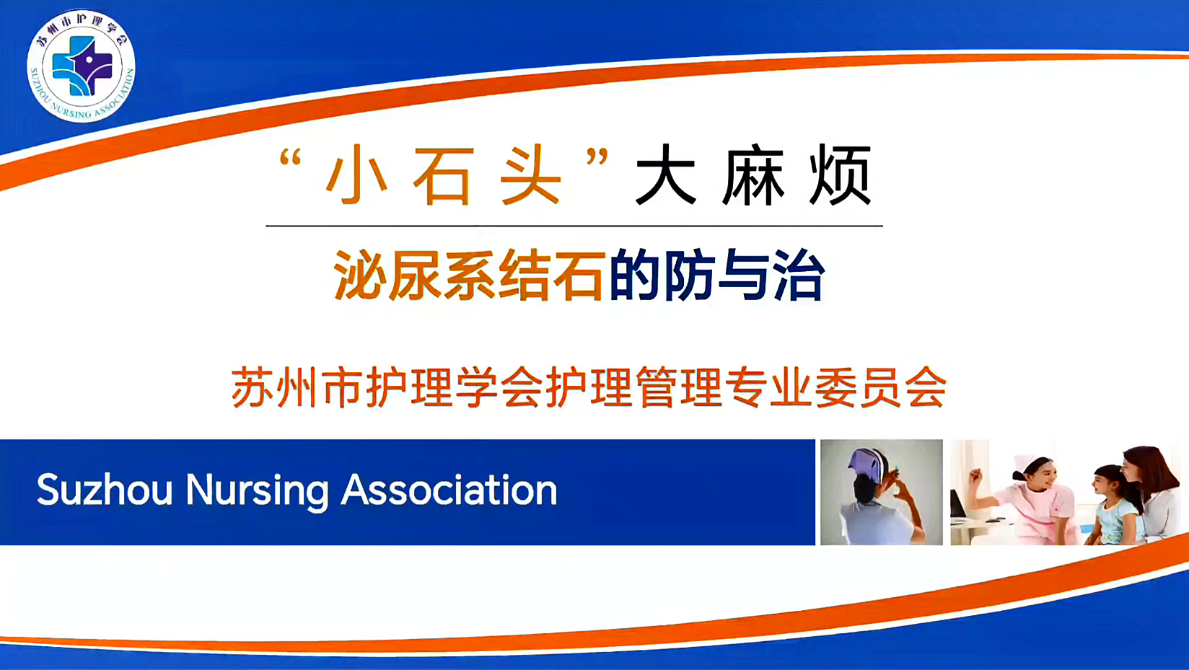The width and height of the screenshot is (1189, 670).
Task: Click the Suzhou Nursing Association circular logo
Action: pyautogui.click(x=82, y=66)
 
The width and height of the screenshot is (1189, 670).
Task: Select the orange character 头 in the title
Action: pyautogui.click(x=531, y=175)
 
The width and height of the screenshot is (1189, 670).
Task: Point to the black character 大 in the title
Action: pyautogui.click(x=666, y=175)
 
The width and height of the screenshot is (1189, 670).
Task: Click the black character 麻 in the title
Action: pyautogui.click(x=753, y=175)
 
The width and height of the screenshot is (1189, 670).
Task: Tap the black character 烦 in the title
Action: pyautogui.click(x=840, y=175)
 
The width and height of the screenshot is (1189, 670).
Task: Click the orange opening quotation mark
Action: pyautogui.click(x=290, y=157)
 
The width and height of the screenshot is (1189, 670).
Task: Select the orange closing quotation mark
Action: pyautogui.click(x=597, y=157)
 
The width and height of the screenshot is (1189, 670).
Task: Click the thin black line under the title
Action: pyautogui.click(x=574, y=226)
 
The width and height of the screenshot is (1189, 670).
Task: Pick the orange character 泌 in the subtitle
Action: pyautogui.click(x=360, y=276)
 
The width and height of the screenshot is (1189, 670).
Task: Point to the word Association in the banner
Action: pyautogui.click(x=449, y=490)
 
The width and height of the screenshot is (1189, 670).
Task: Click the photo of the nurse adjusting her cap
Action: pyautogui.click(x=881, y=492)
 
